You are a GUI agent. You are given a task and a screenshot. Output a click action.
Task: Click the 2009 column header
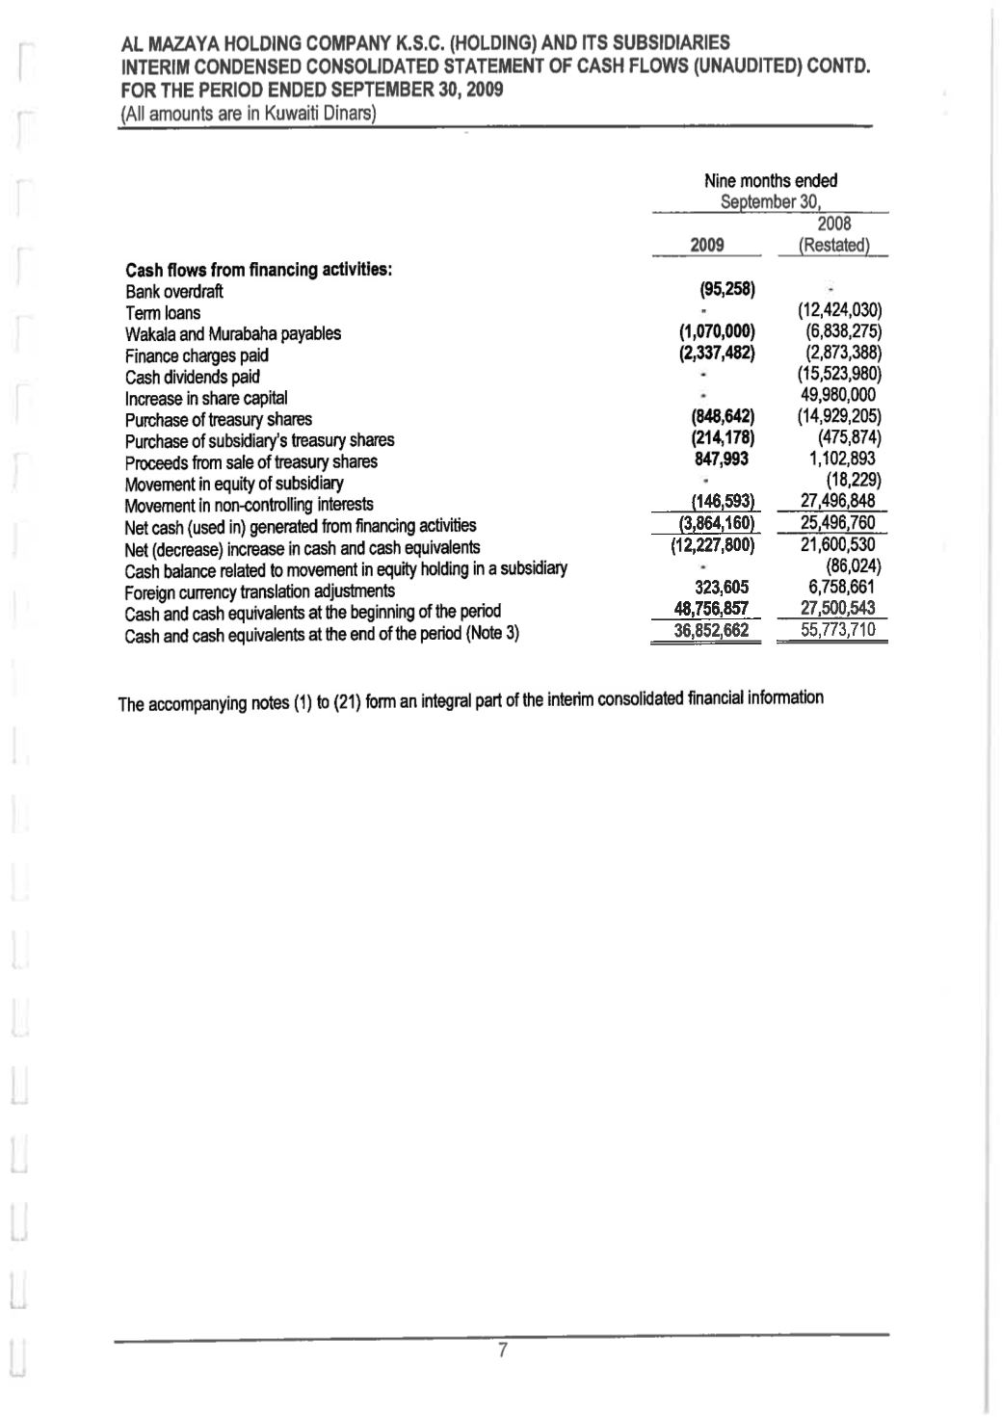coord(707,245)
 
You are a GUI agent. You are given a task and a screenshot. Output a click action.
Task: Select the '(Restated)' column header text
coord(834,246)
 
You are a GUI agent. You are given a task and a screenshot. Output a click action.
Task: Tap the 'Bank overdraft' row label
coord(174,292)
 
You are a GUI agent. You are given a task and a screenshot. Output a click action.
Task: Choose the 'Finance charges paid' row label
coord(197,355)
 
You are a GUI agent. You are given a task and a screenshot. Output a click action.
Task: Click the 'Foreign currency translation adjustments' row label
coord(260,590)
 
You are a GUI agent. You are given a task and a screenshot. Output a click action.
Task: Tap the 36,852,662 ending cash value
coord(710,631)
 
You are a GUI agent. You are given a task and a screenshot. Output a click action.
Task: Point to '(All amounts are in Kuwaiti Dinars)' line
coord(247,115)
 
